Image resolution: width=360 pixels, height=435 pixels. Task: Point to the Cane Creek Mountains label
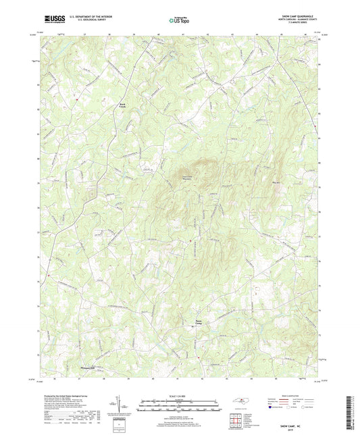coord(183,178)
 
